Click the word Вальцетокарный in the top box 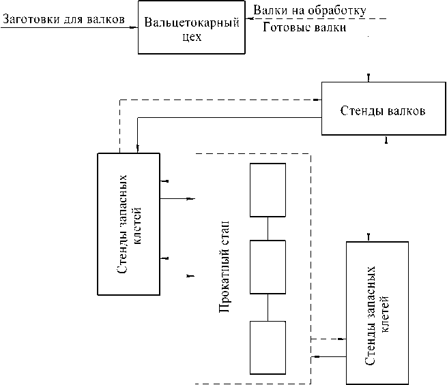click(192, 22)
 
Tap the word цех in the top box click(192, 37)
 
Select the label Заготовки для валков click(64, 19)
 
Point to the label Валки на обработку click(310, 10)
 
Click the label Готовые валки click(304, 27)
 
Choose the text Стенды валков click(383, 110)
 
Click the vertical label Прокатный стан click(224, 266)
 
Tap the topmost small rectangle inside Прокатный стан click(268, 190)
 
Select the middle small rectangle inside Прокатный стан click(268, 267)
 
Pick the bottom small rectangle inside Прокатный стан click(268, 348)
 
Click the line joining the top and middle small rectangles click(268, 228)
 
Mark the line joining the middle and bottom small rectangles click(268, 307)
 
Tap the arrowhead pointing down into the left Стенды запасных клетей click(138, 149)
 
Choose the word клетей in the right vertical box click(385, 314)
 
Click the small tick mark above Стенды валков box click(369, 78)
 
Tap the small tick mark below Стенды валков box click(386, 139)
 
